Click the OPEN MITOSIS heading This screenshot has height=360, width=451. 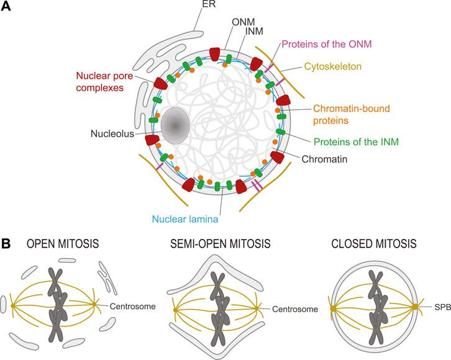click(63, 245)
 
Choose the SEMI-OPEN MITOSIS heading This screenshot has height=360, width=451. click(221, 245)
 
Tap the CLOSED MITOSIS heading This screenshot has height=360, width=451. click(375, 245)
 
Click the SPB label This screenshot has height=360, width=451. click(440, 307)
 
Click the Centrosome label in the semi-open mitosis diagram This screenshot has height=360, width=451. click(295, 308)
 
